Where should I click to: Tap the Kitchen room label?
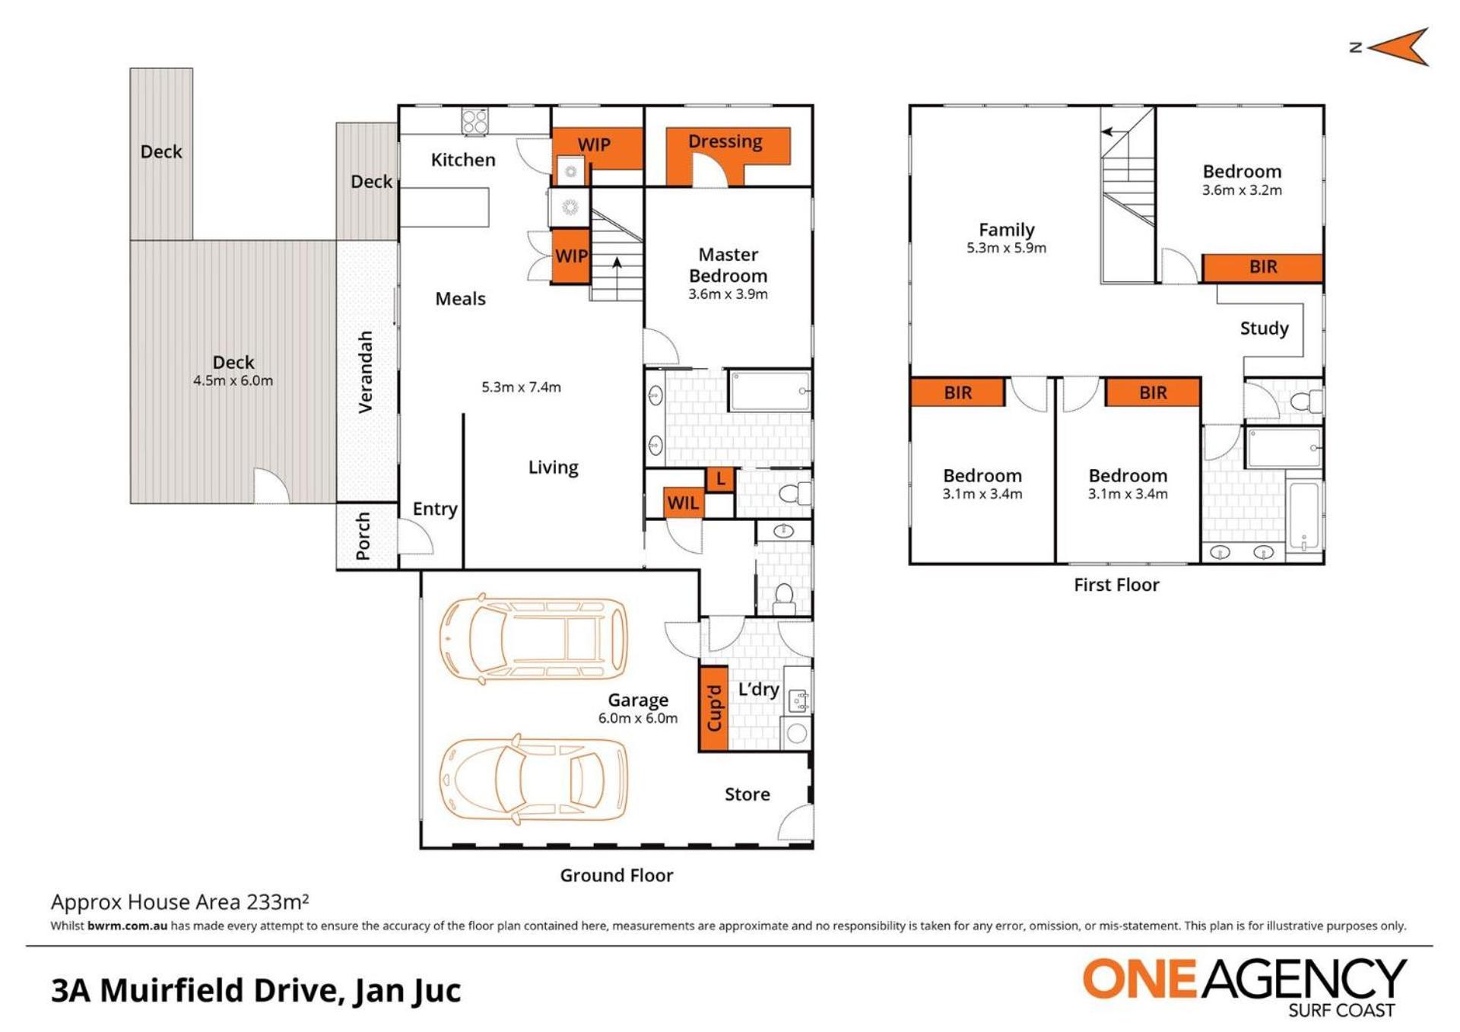(x=463, y=160)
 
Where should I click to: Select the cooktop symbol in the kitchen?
(x=475, y=122)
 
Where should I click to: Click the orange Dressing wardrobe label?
(x=725, y=141)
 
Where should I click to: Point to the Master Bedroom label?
(x=728, y=265)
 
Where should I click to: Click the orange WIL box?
(x=683, y=503)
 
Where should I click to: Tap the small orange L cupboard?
(x=720, y=479)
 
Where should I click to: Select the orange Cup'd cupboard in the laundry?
(x=713, y=709)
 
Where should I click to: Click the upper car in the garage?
(x=534, y=637)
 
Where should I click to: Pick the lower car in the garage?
(x=534, y=778)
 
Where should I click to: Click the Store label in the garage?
(x=747, y=795)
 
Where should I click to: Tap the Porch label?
(x=363, y=536)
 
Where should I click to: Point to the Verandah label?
(x=366, y=372)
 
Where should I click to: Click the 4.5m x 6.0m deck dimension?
(x=233, y=381)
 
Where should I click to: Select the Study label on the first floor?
(x=1264, y=329)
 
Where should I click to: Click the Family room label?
(x=1006, y=230)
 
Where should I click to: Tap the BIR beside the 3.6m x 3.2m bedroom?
(x=1262, y=268)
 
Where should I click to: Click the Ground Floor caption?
(x=616, y=875)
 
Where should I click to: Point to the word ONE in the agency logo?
(x=1140, y=979)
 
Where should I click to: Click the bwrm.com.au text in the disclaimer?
(x=127, y=926)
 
